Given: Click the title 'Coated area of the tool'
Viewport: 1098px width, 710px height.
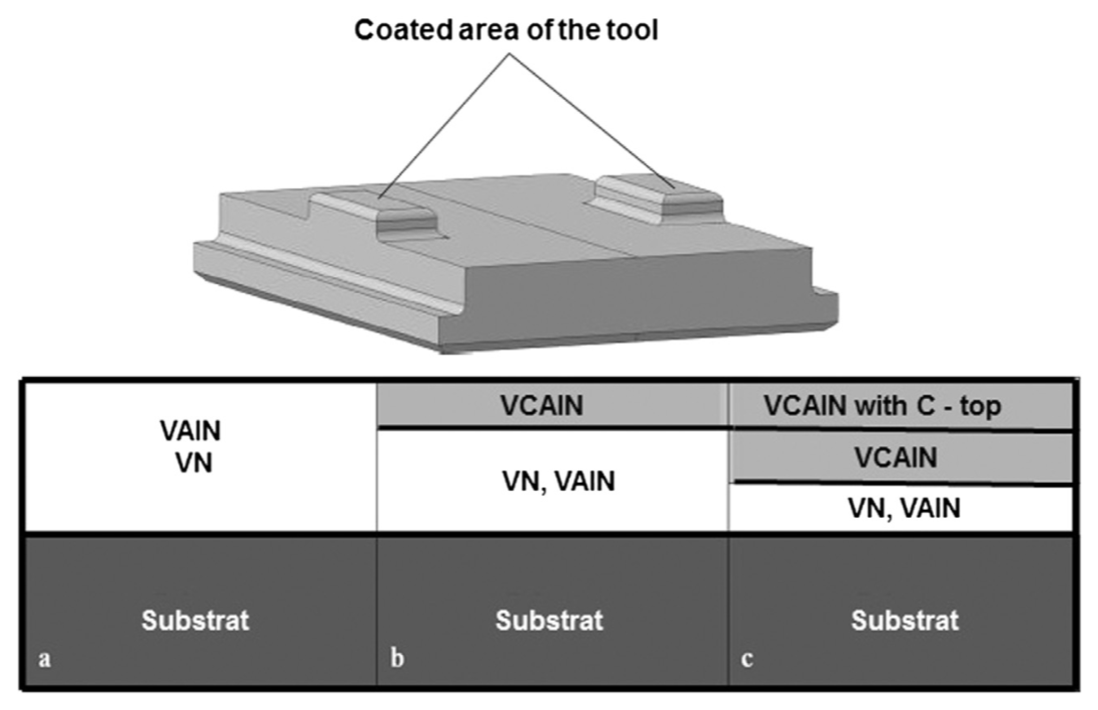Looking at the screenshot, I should tap(506, 30).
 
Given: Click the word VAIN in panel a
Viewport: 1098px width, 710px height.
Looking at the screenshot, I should tap(190, 431).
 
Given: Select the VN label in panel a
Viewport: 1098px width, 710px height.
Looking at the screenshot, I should tap(193, 463).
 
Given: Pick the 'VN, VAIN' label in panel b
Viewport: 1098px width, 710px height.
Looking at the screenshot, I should tap(558, 482).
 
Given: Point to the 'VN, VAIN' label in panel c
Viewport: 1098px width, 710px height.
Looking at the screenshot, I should tap(904, 508).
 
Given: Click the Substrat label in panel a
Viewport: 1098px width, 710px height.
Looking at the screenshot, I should tap(195, 621).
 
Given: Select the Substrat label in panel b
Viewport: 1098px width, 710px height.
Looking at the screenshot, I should tap(549, 621).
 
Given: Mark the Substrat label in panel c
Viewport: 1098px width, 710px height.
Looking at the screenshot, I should tap(905, 621).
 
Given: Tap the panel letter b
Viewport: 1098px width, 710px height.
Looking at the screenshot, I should tap(397, 659).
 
